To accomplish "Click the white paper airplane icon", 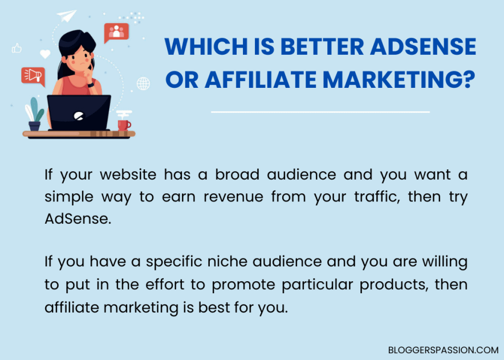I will (x=67, y=15).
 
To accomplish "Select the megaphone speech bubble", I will (x=32, y=75).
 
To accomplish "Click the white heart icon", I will (x=45, y=55).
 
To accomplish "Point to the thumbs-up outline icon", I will (x=17, y=48).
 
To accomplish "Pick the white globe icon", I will (x=143, y=83).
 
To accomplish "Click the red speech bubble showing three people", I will (x=116, y=32).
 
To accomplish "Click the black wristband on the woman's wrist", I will (x=91, y=84).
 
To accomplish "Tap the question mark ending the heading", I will (x=468, y=80).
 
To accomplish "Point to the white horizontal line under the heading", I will (x=320, y=112).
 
